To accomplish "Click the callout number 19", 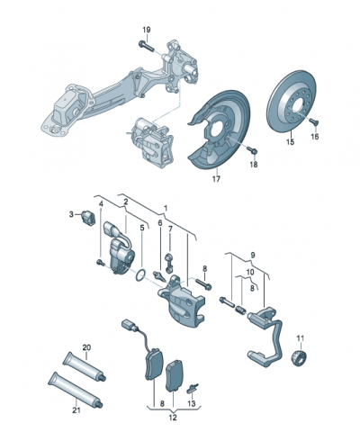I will pos(147,30).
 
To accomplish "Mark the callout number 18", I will pos(253,166).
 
